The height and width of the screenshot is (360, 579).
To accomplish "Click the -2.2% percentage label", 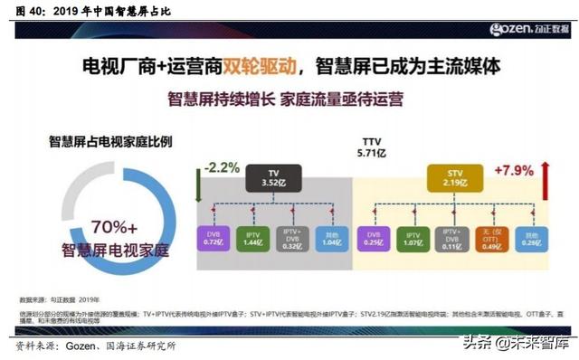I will tap(222, 167).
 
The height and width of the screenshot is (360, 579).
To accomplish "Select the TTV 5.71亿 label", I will tap(372, 148).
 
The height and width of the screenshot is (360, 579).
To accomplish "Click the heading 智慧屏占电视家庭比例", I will tap(111, 142).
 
